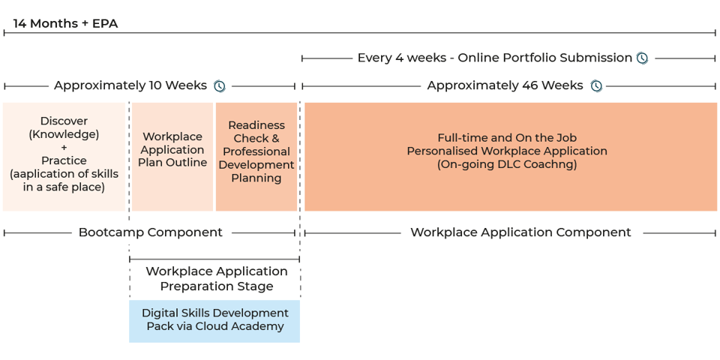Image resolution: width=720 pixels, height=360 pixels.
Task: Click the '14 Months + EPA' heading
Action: pos(65,23)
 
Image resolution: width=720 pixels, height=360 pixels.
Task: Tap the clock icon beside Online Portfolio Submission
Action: pos(642,58)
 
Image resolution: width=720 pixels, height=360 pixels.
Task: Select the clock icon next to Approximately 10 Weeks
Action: pos(219,85)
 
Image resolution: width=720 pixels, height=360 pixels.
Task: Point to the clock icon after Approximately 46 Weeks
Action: pos(596,85)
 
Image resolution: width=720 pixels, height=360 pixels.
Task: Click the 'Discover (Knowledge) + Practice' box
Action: pos(64,156)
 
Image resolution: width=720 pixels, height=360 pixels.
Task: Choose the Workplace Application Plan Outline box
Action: pos(172,156)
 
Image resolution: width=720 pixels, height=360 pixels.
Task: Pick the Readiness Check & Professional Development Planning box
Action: pos(256,156)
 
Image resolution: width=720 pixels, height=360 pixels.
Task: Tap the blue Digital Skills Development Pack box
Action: pos(214,320)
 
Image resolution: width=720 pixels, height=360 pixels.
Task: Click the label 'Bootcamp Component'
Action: pos(150,232)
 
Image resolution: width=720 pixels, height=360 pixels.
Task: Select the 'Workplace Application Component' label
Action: pos(520,232)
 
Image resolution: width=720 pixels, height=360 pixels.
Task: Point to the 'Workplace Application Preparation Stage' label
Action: pos(216,278)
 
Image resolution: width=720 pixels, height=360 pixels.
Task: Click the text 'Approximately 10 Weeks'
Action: pos(130,85)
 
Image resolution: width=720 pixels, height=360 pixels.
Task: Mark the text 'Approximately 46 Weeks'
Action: pos(505,85)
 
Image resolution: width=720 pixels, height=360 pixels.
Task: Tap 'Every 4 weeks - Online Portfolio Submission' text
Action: pos(494,58)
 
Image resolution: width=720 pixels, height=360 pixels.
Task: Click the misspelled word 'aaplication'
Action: pos(46,174)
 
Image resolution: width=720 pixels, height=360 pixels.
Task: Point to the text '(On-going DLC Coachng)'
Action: pos(507,164)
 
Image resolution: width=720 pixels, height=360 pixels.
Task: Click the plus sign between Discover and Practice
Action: pos(64,148)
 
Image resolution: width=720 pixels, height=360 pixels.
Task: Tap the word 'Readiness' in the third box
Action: pos(256,125)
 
